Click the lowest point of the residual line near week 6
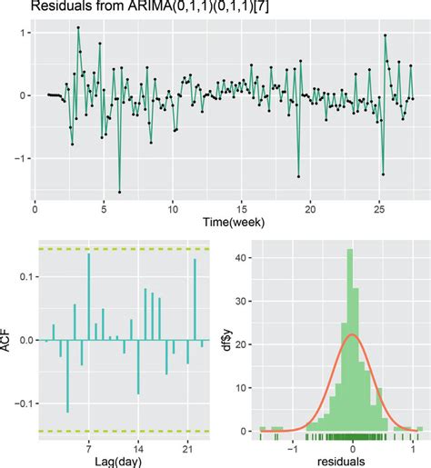pyautogui.click(x=119, y=191)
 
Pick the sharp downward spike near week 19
pyautogui.click(x=298, y=175)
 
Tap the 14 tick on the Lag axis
pyautogui.click(x=138, y=448)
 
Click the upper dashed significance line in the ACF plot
pyautogui.click(x=126, y=249)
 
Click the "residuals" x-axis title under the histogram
pyautogui.click(x=336, y=461)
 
